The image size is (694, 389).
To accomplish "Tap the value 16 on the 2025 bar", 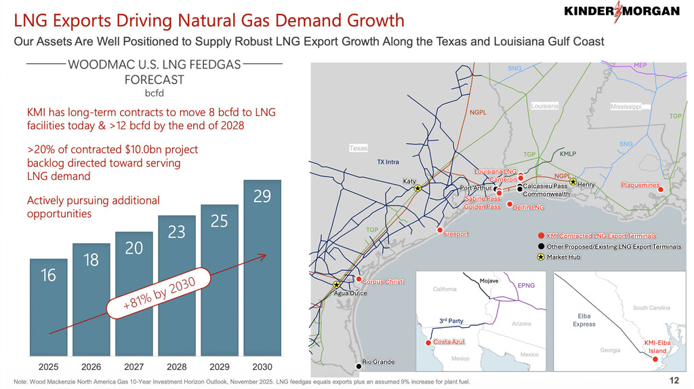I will (48, 275).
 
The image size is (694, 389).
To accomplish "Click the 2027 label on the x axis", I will (134, 367).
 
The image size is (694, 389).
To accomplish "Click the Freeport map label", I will (456, 234).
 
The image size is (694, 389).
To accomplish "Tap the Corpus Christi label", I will (383, 281).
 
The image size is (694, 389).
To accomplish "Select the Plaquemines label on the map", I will (640, 185).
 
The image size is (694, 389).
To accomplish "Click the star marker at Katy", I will (418, 189).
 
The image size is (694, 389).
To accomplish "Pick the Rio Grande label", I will (378, 362).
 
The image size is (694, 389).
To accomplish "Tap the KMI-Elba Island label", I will (657, 347).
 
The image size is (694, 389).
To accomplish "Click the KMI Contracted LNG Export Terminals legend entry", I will (601, 236).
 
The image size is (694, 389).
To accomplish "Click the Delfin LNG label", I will (529, 207).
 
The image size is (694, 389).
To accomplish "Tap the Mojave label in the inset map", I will (489, 281).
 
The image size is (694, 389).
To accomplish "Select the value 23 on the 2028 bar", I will (176, 232).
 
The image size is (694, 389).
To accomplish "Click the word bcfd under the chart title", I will (155, 92).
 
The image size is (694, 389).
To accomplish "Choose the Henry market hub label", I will (586, 185).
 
